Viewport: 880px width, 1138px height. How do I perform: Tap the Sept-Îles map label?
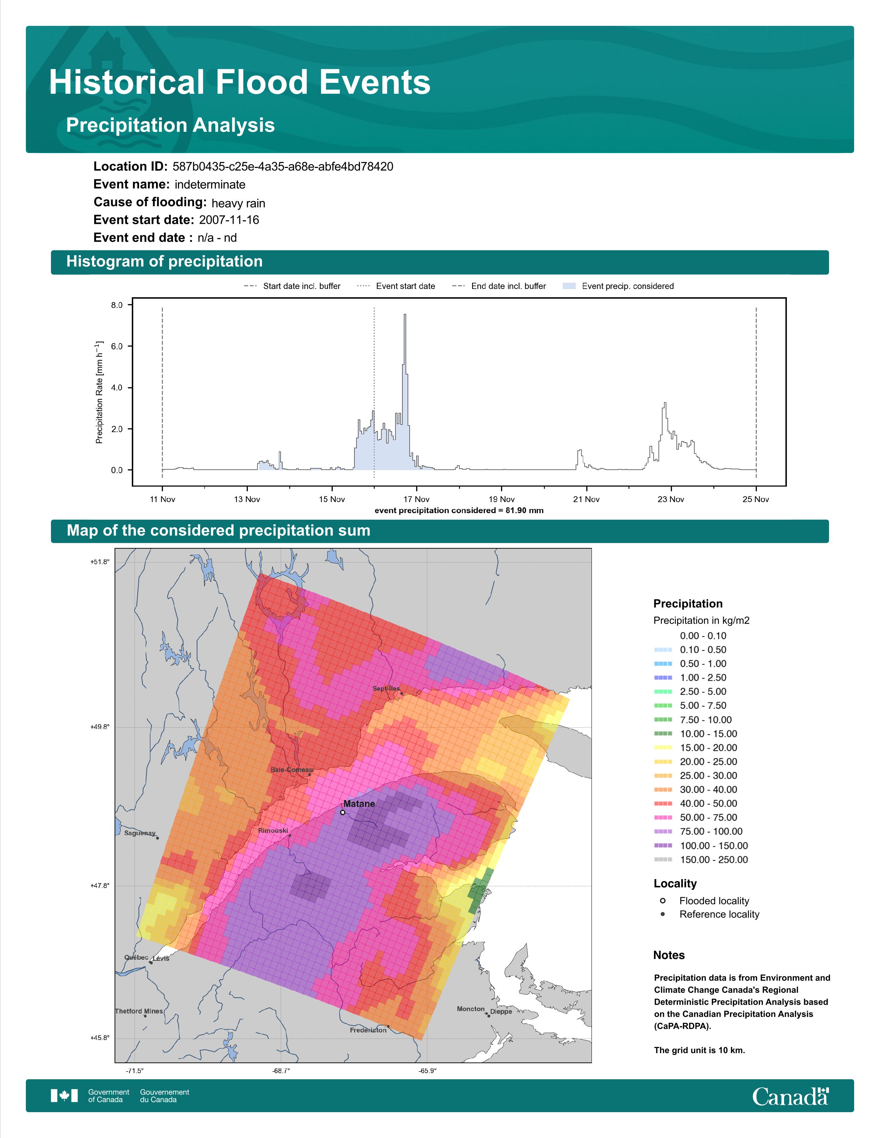pyautogui.click(x=386, y=688)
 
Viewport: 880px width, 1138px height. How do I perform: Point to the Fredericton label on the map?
pyautogui.click(x=368, y=1030)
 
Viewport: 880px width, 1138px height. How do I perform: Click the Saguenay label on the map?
pyautogui.click(x=140, y=833)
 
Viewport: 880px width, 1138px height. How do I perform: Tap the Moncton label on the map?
pyautogui.click(x=471, y=1009)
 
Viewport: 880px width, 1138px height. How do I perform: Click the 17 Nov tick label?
pyautogui.click(x=417, y=499)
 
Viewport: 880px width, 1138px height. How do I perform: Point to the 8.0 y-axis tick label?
pyautogui.click(x=117, y=305)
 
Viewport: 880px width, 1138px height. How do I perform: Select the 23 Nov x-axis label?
pyautogui.click(x=671, y=499)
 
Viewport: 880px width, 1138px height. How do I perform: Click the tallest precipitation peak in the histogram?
pyautogui.click(x=405, y=315)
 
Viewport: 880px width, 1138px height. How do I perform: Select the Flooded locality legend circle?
pyautogui.click(x=663, y=900)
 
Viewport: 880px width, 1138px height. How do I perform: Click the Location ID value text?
pyautogui.click(x=283, y=167)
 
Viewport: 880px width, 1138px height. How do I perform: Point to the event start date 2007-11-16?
pyautogui.click(x=229, y=220)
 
